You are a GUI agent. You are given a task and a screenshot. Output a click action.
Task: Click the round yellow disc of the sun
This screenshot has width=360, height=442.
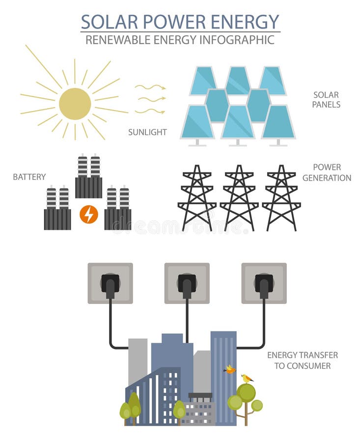[x=75, y=104]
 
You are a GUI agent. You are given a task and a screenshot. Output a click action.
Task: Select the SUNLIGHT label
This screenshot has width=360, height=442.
[x=147, y=132]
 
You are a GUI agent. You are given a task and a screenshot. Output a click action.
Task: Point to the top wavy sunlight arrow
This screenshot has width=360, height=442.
[x=150, y=87]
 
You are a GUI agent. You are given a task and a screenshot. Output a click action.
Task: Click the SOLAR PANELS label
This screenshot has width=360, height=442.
[x=327, y=100]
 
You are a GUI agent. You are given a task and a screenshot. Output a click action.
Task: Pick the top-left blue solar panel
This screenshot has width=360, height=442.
[x=204, y=81]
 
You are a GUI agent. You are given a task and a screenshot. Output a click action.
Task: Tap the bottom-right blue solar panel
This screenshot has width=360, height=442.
[x=278, y=122]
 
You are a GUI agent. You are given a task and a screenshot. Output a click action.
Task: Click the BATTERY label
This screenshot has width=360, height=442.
[x=29, y=177]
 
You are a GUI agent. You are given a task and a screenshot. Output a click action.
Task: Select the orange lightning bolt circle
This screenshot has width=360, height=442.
[x=89, y=214]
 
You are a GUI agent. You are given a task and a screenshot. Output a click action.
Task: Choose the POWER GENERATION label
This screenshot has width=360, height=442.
[x=327, y=172]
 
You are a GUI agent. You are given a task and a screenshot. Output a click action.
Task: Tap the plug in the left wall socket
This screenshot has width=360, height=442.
[x=110, y=284]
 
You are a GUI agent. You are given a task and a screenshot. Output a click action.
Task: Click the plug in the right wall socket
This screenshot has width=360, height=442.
[x=264, y=284]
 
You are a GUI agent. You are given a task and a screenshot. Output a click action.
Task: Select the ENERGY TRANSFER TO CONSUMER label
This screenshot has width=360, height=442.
[x=302, y=360]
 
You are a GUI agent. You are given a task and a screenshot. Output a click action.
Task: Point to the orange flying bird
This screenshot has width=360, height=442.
[x=230, y=369]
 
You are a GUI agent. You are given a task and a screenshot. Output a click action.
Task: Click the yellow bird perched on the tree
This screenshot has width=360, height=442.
[x=246, y=378]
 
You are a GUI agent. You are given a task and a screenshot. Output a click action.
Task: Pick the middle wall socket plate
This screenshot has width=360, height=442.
[x=187, y=283]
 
